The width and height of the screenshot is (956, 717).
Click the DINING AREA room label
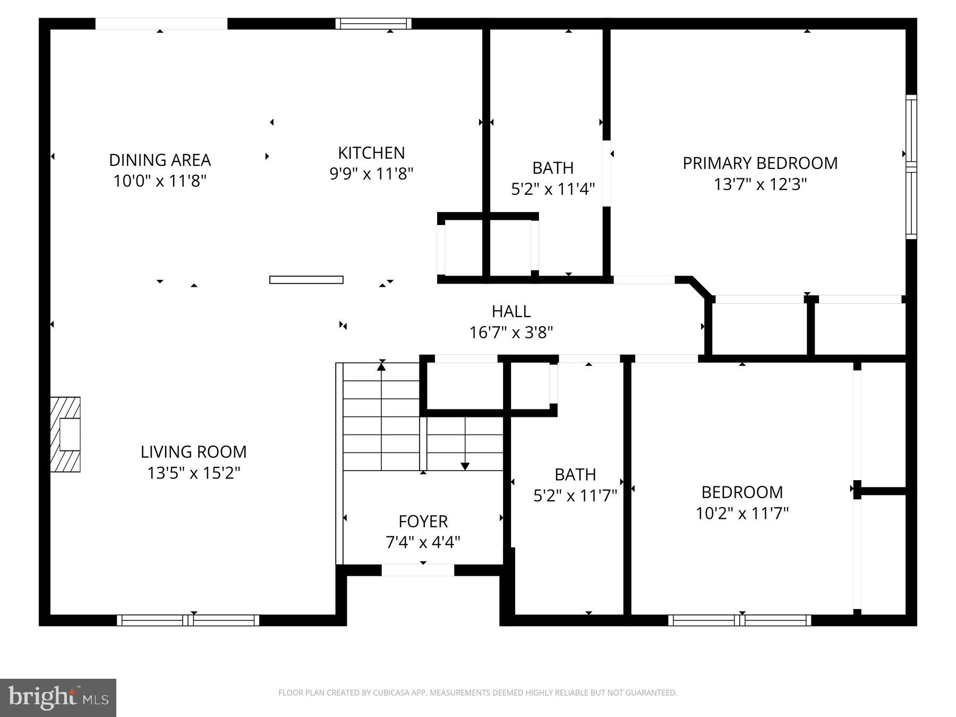point(160,160)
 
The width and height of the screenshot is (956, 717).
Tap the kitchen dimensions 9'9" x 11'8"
point(371,174)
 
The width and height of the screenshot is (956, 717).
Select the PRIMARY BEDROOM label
point(760,163)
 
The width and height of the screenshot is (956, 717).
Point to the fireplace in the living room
point(66,434)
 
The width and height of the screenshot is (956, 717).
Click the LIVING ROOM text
point(193,452)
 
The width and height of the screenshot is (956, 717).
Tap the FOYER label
point(423,522)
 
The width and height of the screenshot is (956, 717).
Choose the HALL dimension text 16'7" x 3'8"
point(511,332)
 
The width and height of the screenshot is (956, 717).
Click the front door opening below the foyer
point(418,570)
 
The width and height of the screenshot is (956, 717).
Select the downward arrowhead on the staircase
point(465,466)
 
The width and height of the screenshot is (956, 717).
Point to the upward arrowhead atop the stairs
point(381,366)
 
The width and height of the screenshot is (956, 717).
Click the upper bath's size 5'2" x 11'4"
point(553,189)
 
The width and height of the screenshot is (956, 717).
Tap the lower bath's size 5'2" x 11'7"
point(575,496)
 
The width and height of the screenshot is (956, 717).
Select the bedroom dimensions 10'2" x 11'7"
point(742,514)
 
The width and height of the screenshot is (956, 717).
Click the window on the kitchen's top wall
point(373,23)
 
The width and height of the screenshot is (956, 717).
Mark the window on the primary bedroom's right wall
point(911,167)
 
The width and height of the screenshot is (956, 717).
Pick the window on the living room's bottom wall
point(188,620)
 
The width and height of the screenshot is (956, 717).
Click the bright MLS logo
point(58,697)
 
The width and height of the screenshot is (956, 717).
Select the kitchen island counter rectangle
point(306,280)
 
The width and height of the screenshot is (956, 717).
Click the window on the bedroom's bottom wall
point(739,620)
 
